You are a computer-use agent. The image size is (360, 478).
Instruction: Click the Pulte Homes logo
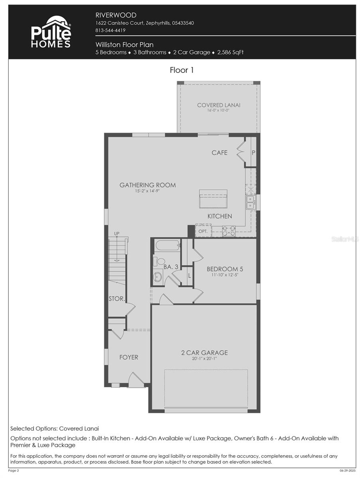(x=51, y=32)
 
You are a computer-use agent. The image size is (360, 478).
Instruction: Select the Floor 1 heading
(x=182, y=70)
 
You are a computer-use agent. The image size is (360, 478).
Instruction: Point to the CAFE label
(x=219, y=153)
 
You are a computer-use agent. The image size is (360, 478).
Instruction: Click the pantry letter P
(x=253, y=152)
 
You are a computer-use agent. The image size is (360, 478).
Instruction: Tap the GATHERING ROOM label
(x=148, y=185)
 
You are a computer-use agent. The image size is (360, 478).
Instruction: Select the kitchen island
(x=213, y=199)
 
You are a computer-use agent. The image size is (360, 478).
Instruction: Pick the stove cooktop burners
(x=228, y=231)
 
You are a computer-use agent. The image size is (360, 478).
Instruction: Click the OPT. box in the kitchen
(x=203, y=231)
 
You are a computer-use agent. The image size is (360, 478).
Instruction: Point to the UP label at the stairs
(x=117, y=233)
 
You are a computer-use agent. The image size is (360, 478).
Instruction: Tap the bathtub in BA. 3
(x=168, y=245)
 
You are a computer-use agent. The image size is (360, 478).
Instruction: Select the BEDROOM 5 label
(x=225, y=269)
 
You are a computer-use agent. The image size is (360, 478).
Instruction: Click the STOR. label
(x=117, y=298)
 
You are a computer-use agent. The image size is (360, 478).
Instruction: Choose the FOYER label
(x=129, y=357)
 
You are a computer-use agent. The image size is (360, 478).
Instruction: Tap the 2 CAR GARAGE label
(x=205, y=353)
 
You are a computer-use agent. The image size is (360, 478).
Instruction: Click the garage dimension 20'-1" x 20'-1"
(x=205, y=359)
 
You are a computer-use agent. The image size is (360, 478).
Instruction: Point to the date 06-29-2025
(x=347, y=471)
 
